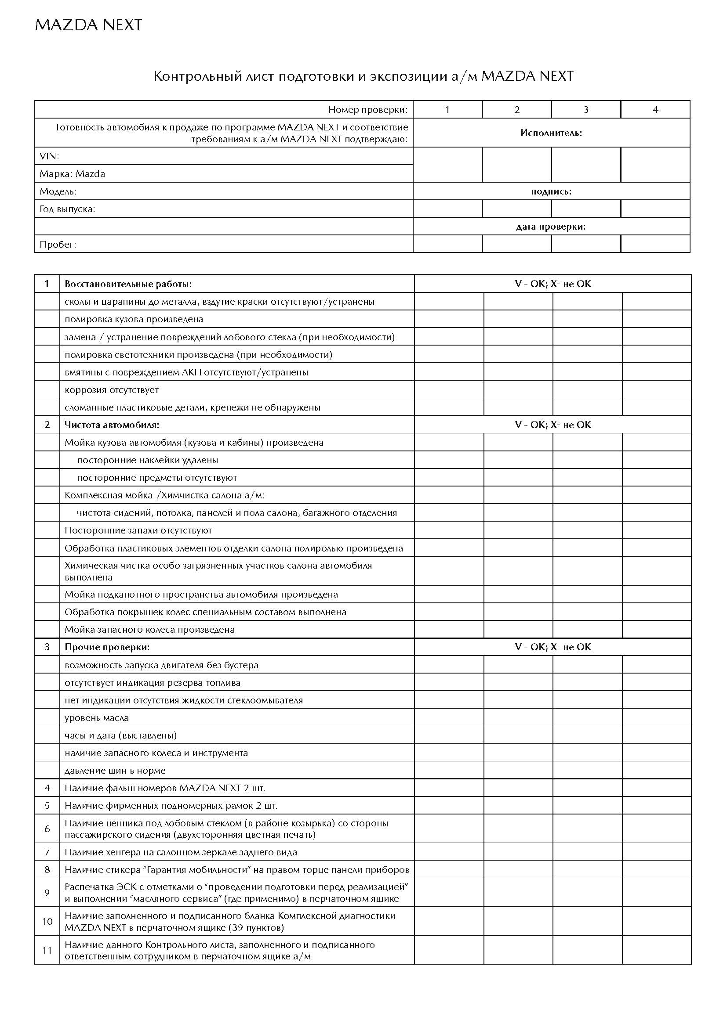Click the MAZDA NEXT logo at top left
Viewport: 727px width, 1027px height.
(88, 25)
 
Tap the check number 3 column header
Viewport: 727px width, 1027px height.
(585, 110)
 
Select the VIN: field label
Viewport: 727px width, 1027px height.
(49, 156)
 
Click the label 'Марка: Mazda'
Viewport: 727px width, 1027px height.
(72, 173)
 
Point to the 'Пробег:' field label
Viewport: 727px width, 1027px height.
(58, 244)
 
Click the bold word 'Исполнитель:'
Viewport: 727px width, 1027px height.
(551, 133)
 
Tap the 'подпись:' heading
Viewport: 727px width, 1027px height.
(551, 191)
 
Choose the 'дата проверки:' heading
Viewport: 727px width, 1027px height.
(551, 227)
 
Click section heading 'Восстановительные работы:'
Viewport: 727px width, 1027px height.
(128, 284)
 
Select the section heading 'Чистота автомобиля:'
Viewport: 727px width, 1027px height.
(112, 425)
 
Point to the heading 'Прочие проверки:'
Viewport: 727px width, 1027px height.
(107, 647)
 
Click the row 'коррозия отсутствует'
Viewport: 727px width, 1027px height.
(112, 389)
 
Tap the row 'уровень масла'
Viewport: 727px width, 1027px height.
(97, 718)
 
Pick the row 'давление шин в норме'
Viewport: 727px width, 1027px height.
(115, 770)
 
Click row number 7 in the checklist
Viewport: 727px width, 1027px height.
(47, 852)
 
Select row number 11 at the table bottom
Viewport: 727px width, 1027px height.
(47, 951)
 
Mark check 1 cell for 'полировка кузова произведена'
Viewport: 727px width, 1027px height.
(449, 319)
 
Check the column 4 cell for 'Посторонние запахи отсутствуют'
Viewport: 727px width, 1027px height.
(656, 530)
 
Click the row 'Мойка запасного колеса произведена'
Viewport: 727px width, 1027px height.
(149, 630)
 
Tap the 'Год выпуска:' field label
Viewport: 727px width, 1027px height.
(67, 209)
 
